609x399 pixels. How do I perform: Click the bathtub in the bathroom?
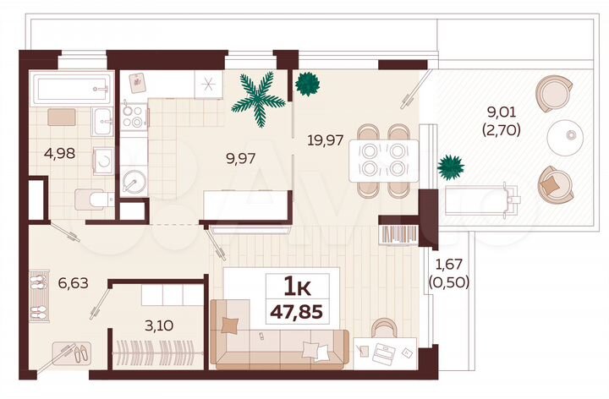click(72, 87)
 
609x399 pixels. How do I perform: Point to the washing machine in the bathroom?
click(101, 161)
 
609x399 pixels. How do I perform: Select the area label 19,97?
click(325, 139)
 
